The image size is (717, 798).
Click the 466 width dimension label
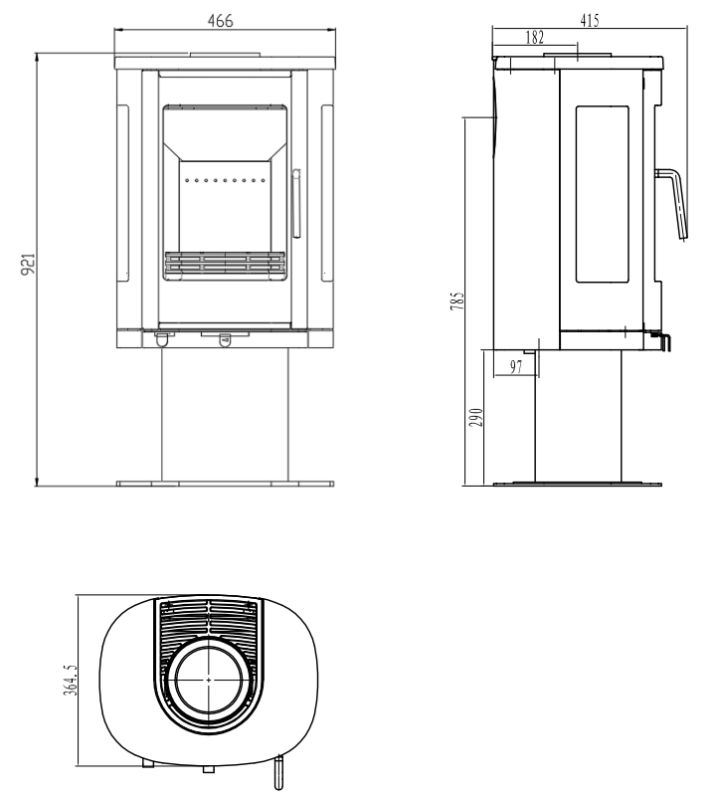220,21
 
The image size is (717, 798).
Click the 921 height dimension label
29,264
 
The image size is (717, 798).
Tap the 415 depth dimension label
590,20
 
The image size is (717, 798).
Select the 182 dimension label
534,38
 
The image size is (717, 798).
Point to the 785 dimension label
457,300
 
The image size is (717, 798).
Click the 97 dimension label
516,367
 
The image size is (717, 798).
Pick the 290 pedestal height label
475,417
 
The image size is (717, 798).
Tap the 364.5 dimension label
71,680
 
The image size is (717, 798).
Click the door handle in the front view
296,203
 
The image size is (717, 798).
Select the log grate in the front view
225,264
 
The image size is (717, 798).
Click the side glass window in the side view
602,194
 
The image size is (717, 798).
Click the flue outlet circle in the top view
209,680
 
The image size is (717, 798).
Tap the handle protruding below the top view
277,772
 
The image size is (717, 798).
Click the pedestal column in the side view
578,416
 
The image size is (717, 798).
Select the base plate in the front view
226,484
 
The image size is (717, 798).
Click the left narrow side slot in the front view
123,193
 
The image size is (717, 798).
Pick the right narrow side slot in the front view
327,193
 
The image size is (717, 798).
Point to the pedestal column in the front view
225,414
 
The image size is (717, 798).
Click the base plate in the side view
578,484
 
